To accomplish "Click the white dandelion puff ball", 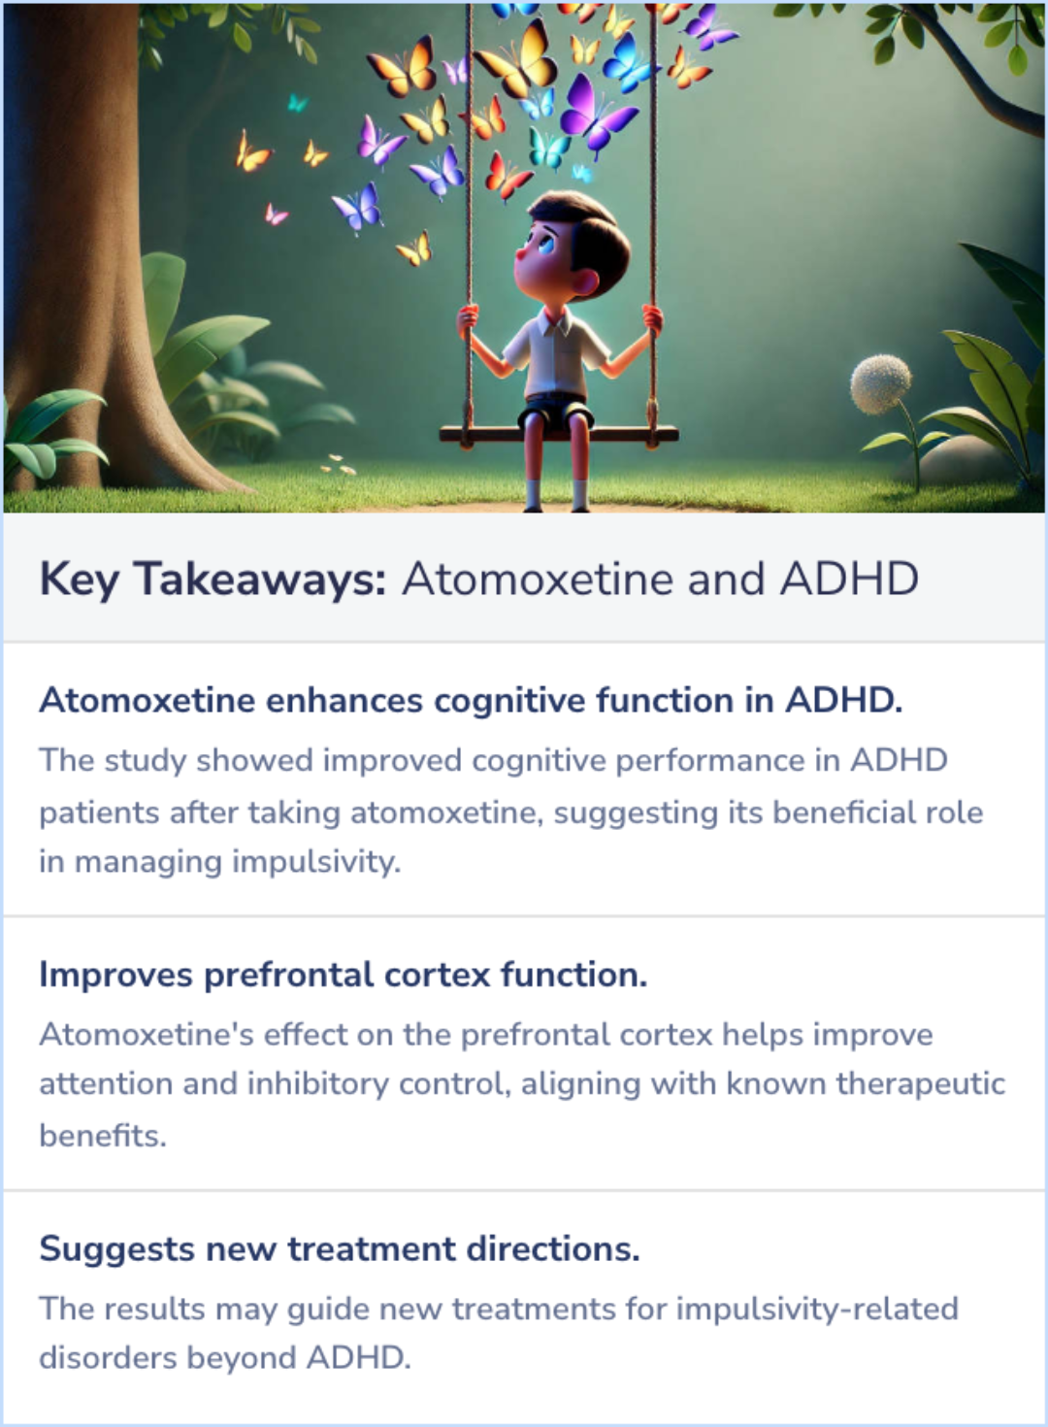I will (x=881, y=382).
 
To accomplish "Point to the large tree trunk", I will (x=78, y=243).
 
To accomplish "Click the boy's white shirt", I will (x=558, y=354).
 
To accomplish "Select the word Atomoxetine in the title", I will (x=537, y=580).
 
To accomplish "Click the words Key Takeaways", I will (x=213, y=580).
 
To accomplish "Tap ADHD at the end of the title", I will (x=849, y=580).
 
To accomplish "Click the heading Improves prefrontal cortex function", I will (x=343, y=975).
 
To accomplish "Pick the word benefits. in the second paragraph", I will (x=103, y=1135).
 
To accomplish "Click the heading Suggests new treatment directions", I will (x=340, y=1249).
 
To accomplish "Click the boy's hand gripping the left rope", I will (x=468, y=318).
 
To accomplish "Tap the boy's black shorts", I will (x=555, y=412).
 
